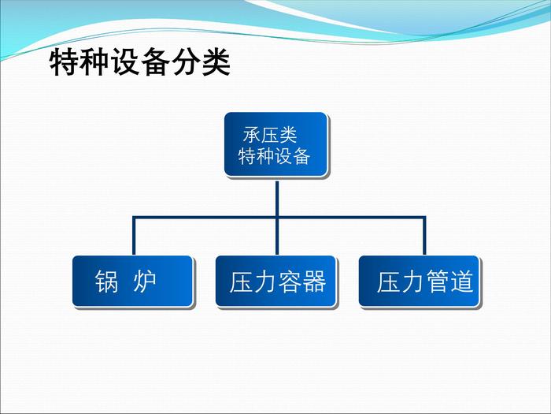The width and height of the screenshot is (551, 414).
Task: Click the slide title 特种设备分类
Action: [140, 62]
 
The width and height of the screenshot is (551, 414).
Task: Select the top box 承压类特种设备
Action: [275, 144]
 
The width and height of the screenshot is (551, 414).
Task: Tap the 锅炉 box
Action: [132, 281]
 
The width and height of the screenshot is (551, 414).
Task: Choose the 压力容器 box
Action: [275, 281]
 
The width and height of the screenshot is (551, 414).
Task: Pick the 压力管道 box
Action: [420, 281]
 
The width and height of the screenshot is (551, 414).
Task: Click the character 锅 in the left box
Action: [106, 282]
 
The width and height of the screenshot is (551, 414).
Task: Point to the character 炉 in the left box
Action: [144, 282]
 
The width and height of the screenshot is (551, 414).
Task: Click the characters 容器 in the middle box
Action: [301, 282]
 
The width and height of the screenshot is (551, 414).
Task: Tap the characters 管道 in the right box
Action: [449, 282]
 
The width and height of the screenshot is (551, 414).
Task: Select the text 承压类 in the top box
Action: [270, 135]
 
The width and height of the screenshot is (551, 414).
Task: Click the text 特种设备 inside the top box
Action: [274, 156]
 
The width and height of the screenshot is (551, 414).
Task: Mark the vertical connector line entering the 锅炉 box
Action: [134, 236]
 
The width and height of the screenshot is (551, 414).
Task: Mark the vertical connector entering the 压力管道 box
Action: [424, 236]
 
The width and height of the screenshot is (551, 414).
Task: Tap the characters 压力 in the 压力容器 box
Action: [253, 282]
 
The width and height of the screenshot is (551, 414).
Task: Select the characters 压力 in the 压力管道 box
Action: [401, 282]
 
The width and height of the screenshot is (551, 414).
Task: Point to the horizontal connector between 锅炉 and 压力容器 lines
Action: [205, 218]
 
